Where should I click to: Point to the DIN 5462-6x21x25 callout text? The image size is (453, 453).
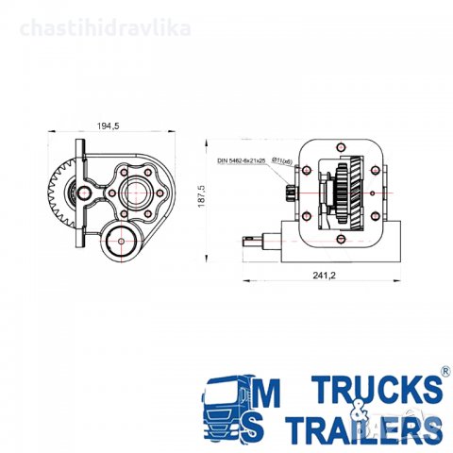pos(242,162)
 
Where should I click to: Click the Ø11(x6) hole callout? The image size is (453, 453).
pos(281,161)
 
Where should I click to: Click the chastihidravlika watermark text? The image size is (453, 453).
pos(105,28)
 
